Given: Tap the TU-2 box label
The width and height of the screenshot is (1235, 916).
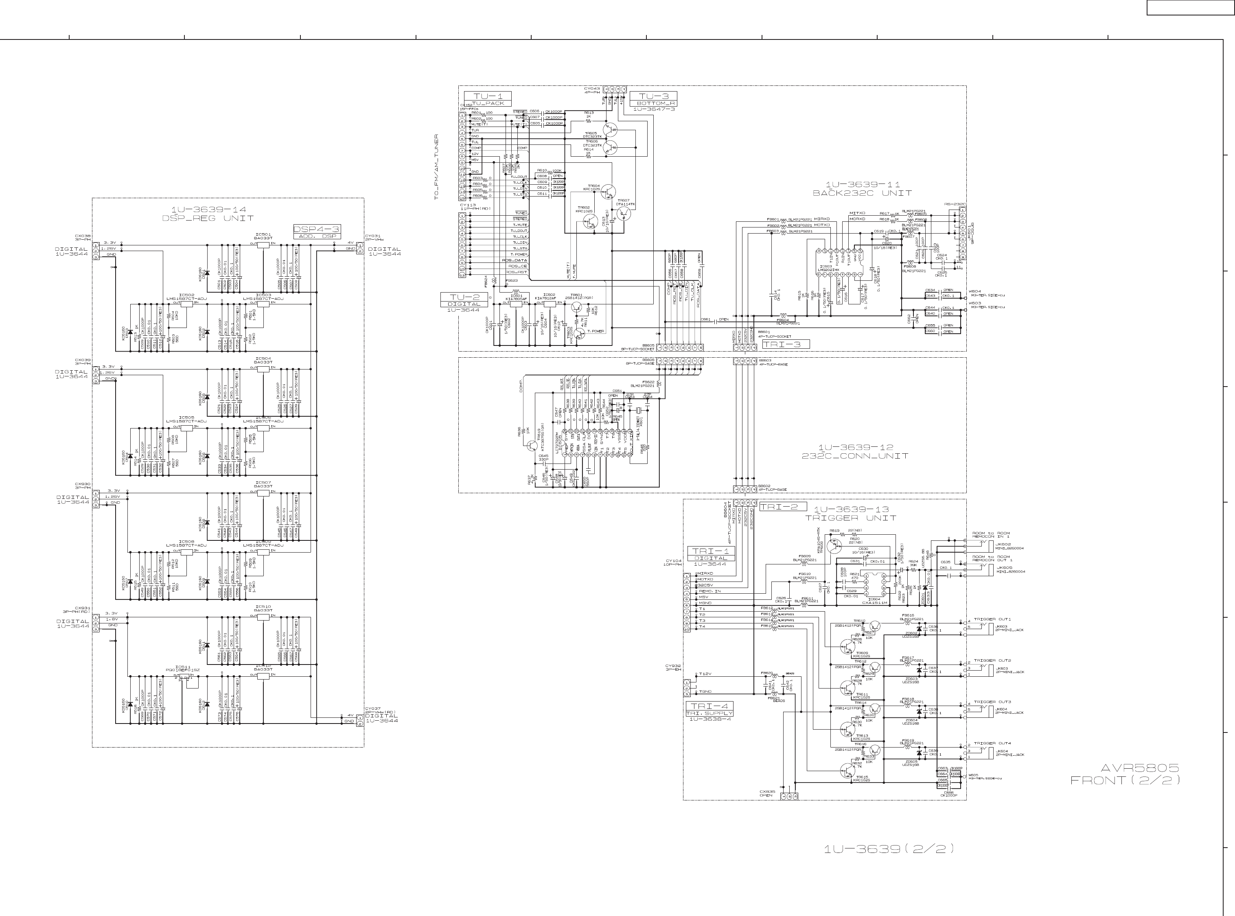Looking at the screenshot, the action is click(464, 297).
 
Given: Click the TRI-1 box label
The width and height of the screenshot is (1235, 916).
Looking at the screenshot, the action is click(711, 551).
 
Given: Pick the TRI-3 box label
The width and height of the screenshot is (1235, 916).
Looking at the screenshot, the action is click(785, 344).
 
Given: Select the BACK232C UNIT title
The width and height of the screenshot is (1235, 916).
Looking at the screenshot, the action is click(862, 193).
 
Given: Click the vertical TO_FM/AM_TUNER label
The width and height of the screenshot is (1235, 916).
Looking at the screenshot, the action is click(437, 166).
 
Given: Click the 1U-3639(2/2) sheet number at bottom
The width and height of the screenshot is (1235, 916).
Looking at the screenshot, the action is click(889, 848).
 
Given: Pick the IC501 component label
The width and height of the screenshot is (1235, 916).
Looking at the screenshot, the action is click(263, 234).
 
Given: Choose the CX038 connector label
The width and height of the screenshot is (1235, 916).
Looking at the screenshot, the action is click(83, 236).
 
